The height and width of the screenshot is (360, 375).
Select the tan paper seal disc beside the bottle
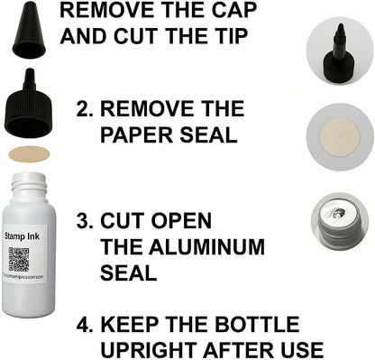point(32,154)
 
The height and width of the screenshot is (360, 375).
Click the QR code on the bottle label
point(21,261)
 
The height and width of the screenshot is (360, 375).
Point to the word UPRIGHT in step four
point(150,348)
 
